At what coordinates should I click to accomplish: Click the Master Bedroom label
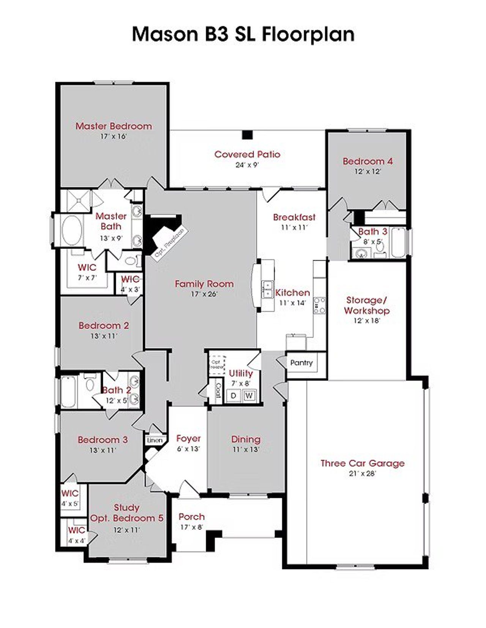click(x=114, y=126)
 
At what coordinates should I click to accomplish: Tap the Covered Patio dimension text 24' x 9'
click(x=247, y=165)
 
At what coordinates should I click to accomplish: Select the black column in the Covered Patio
click(x=248, y=135)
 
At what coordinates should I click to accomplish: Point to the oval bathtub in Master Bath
click(x=72, y=230)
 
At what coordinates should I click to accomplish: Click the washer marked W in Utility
click(x=249, y=395)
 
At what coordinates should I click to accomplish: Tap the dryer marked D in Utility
click(x=234, y=395)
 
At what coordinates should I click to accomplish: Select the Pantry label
click(x=301, y=362)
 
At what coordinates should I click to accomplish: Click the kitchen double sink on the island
click(x=267, y=289)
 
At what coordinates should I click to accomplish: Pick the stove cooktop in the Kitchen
click(x=319, y=305)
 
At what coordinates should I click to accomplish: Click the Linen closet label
click(x=155, y=441)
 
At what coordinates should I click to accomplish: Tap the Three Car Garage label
click(x=362, y=463)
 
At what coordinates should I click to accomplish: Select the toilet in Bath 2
click(x=90, y=384)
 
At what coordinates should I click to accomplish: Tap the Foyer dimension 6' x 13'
click(x=188, y=449)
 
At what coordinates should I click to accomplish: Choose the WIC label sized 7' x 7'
click(x=87, y=267)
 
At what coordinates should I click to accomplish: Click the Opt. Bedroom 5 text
click(x=126, y=518)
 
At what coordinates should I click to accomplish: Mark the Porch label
click(x=191, y=516)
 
